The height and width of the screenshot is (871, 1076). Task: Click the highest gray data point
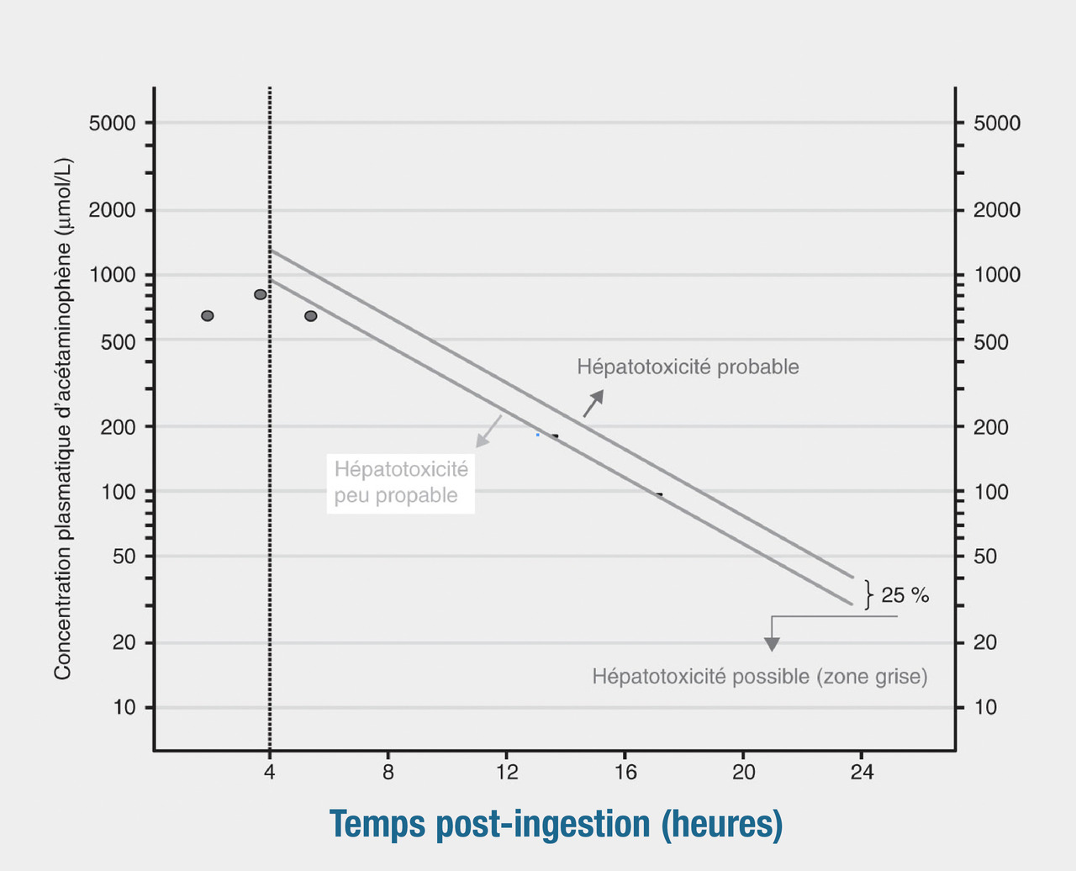261,294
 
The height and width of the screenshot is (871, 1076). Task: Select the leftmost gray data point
208,316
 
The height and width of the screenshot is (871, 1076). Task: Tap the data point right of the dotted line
311,316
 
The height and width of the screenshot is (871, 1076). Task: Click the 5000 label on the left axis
112,124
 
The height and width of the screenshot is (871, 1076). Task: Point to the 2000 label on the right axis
997,210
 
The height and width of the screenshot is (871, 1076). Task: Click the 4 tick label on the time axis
269,772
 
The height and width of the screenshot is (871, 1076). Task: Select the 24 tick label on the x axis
862,772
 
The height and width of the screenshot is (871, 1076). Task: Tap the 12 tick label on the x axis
507,772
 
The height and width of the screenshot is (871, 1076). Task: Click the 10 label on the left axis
124,708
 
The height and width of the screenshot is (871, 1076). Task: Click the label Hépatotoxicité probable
688,367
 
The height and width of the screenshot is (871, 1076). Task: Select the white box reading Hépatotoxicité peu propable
401,483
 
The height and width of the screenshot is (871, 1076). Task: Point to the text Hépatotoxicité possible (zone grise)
760,677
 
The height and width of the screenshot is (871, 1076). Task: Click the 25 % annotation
905,596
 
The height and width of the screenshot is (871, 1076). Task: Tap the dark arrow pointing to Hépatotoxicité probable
593,404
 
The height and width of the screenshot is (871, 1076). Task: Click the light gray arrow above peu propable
488,430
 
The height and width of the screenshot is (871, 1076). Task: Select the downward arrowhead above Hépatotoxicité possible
772,643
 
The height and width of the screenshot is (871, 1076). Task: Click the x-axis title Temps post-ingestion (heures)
556,825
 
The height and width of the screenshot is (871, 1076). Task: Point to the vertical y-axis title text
63,418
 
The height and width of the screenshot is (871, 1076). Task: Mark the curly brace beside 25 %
869,594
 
